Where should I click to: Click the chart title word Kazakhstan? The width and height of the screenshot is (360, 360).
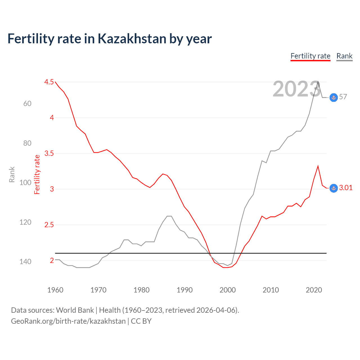click(132, 39)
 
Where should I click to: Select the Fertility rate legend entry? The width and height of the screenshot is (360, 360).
click(310, 56)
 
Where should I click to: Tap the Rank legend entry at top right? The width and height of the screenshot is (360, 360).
click(344, 56)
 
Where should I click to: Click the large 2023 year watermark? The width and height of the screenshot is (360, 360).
click(296, 89)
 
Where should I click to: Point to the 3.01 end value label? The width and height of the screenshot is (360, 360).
click(346, 188)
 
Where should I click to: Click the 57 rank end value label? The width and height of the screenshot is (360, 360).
click(343, 97)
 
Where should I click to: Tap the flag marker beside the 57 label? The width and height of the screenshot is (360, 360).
click(334, 97)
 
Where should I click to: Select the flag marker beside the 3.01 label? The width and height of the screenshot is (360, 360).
click(334, 188)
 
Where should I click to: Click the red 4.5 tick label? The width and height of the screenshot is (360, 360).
click(49, 82)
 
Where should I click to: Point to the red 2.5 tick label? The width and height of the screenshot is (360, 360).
click(49, 225)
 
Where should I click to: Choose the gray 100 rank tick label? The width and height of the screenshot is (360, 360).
click(25, 183)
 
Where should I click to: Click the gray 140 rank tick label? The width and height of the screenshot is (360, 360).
click(25, 262)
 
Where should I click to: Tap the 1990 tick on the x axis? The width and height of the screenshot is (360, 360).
click(184, 290)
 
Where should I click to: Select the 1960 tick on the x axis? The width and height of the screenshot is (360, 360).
click(55, 290)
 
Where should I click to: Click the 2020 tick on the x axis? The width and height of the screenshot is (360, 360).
click(314, 290)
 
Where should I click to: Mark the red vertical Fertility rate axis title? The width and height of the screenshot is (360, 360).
click(37, 175)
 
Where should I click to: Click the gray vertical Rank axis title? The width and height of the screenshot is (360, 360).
click(12, 175)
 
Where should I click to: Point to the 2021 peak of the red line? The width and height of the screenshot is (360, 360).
click(318, 166)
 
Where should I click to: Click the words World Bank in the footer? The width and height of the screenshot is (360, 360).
click(75, 310)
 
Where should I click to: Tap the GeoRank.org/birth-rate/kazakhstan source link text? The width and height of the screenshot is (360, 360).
click(68, 321)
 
